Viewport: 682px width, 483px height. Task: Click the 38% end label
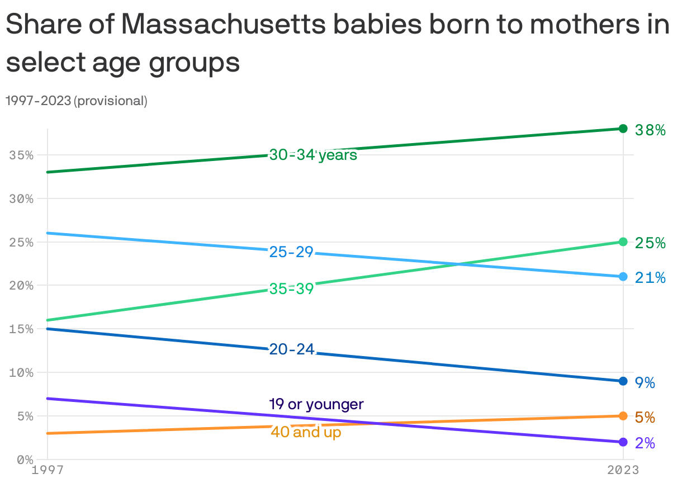(650, 130)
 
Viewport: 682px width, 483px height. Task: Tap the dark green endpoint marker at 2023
(623, 129)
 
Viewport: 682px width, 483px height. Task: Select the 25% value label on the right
(650, 243)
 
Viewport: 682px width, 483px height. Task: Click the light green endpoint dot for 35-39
(623, 242)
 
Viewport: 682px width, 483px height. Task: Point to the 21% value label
(650, 278)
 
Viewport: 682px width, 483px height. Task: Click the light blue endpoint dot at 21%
(623, 277)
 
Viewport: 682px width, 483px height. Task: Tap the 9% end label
(645, 383)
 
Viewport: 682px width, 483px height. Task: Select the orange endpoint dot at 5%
(623, 416)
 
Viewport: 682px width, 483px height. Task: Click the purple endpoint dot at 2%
(623, 442)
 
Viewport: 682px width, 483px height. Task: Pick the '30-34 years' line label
(313, 155)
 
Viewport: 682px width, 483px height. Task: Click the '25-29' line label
(291, 252)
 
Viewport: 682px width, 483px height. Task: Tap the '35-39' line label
(291, 289)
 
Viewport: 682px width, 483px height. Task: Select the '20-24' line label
(292, 349)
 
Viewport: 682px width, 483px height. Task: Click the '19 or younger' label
(316, 404)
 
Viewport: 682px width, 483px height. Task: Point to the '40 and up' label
(306, 432)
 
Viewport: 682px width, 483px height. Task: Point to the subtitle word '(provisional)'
(111, 101)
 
